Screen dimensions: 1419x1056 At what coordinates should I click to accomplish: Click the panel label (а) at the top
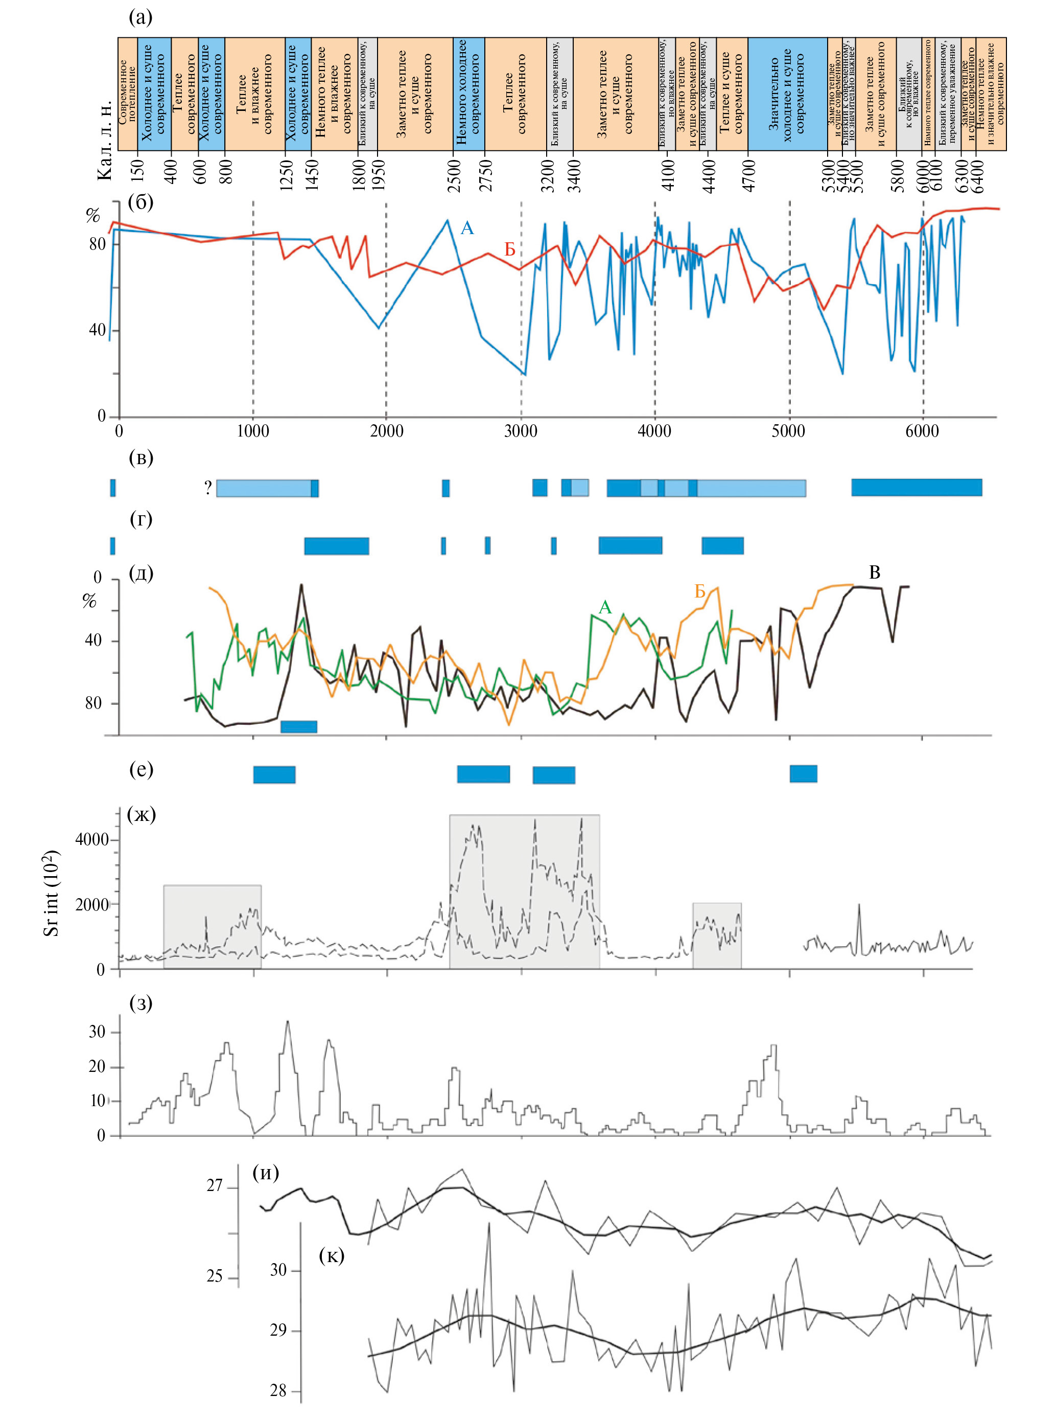click(140, 17)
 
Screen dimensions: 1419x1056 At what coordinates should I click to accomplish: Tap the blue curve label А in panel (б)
click(467, 228)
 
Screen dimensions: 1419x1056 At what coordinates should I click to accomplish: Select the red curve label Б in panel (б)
click(509, 250)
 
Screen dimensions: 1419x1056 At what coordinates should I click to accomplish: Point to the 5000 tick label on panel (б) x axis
click(788, 431)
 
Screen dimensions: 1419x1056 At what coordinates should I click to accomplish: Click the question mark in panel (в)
click(208, 489)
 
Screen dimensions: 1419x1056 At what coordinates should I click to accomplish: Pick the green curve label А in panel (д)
click(605, 607)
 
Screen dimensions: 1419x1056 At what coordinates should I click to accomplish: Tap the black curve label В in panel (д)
click(875, 573)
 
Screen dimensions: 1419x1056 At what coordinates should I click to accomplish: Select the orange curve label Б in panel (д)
click(700, 592)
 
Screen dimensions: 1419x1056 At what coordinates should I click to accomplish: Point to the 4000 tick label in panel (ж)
click(92, 840)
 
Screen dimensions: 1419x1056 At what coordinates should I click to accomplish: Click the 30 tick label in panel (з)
click(97, 1032)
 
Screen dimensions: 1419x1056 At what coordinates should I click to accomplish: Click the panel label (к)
click(331, 1256)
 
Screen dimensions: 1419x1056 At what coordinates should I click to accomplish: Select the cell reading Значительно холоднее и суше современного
click(787, 94)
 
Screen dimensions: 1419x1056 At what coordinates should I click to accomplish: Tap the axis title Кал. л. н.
click(105, 140)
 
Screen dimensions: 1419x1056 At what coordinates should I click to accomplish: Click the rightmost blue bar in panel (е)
click(803, 773)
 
